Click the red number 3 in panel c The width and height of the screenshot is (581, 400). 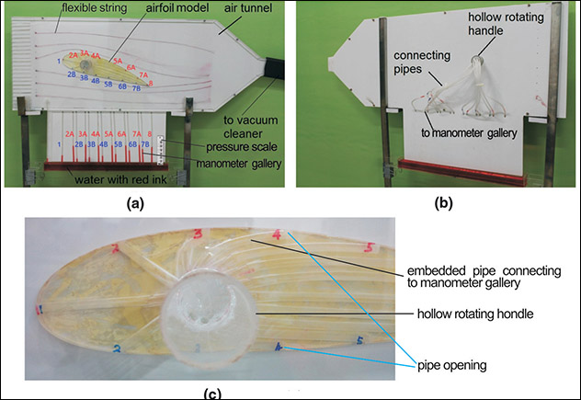[x=198, y=236]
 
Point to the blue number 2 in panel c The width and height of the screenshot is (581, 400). [x=115, y=348]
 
